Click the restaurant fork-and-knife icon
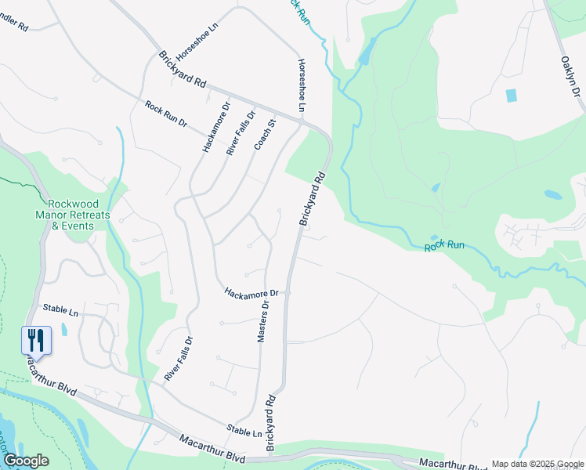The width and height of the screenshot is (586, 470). tap(35, 339)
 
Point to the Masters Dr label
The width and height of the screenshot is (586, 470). tap(264, 321)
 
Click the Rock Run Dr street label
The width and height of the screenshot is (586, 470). tap(166, 114)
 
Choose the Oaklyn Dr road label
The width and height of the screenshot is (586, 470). tap(571, 76)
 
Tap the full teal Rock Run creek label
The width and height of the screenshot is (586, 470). tap(445, 245)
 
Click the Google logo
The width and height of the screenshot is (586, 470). tap(26, 461)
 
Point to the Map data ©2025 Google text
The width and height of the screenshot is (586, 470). tap(537, 464)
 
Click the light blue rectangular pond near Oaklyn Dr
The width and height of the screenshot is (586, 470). tap(512, 96)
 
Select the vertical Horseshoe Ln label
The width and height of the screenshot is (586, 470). tap(301, 85)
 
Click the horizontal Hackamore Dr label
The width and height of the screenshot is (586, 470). tap(251, 293)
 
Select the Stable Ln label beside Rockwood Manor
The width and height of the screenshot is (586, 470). tap(61, 312)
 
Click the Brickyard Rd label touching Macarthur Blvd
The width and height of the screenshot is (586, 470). tap(272, 422)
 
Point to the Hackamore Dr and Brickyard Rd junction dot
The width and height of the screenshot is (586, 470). tap(288, 293)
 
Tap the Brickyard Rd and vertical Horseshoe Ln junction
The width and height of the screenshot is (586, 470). tap(302, 121)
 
